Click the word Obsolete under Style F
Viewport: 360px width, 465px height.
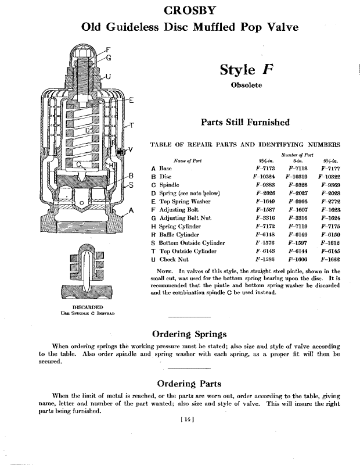(x=244, y=85)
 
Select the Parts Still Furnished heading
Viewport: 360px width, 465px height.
(x=244, y=122)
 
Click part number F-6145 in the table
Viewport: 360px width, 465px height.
(x=328, y=251)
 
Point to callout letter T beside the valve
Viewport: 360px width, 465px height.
(x=131, y=125)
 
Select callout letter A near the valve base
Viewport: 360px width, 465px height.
(x=132, y=210)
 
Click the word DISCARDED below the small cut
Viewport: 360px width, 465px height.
(x=88, y=306)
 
